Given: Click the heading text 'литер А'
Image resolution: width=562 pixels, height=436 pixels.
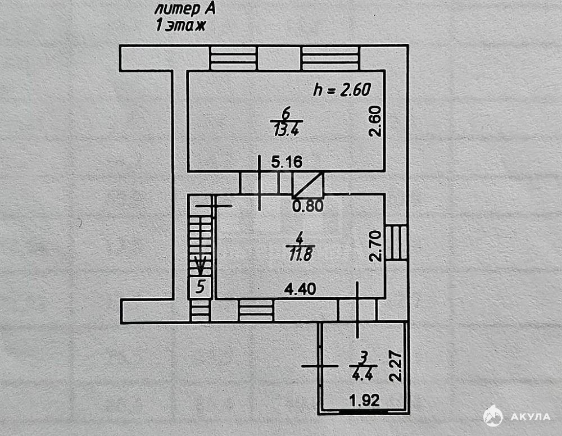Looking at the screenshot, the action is click(185, 9).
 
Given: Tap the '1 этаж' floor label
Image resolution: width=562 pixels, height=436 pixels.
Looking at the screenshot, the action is click(180, 25).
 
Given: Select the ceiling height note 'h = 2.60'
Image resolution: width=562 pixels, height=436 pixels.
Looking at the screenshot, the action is click(342, 89).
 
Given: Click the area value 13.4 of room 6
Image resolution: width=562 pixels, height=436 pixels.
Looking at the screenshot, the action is click(287, 129).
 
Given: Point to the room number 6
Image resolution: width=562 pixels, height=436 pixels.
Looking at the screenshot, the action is click(286, 113).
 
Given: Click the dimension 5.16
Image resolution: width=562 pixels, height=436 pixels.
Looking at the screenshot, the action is click(287, 162).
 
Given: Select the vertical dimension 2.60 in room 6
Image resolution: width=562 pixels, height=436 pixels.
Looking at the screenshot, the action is click(375, 121).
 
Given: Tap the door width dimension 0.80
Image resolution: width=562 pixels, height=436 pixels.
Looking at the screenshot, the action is click(308, 206).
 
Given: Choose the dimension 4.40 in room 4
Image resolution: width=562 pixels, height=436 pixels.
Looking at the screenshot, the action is click(300, 289).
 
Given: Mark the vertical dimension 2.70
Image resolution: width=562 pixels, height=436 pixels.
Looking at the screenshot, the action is click(376, 246).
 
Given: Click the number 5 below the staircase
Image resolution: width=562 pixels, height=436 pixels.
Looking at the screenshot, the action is click(201, 287).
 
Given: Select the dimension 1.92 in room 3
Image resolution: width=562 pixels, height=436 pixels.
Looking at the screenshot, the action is click(365, 400).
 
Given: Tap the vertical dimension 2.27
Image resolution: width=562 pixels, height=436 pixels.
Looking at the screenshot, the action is click(396, 366).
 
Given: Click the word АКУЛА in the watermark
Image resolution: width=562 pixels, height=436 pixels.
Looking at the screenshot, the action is click(530, 417).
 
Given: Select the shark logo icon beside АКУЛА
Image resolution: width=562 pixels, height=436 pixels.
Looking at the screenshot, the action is click(493, 416).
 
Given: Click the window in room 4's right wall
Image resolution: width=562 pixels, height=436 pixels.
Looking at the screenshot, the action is click(396, 242).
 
